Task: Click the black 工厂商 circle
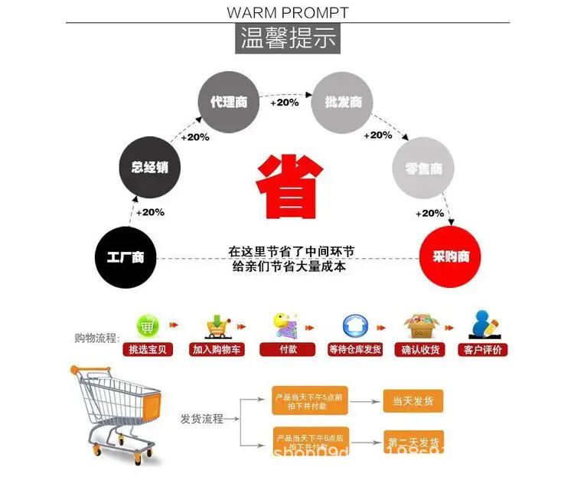pyautogui.click(x=126, y=256)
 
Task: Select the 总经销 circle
pyautogui.click(x=149, y=167)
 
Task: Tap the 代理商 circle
pyautogui.click(x=229, y=101)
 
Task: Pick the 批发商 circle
pyautogui.click(x=343, y=101)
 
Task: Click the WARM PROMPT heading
pyautogui.click(x=288, y=12)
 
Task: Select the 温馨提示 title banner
pyautogui.click(x=288, y=38)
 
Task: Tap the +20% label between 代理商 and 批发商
pyautogui.click(x=284, y=102)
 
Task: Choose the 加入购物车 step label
pyautogui.click(x=217, y=350)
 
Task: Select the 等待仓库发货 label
pyautogui.click(x=354, y=350)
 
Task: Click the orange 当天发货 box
pyautogui.click(x=413, y=401)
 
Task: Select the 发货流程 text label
pyautogui.click(x=201, y=419)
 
